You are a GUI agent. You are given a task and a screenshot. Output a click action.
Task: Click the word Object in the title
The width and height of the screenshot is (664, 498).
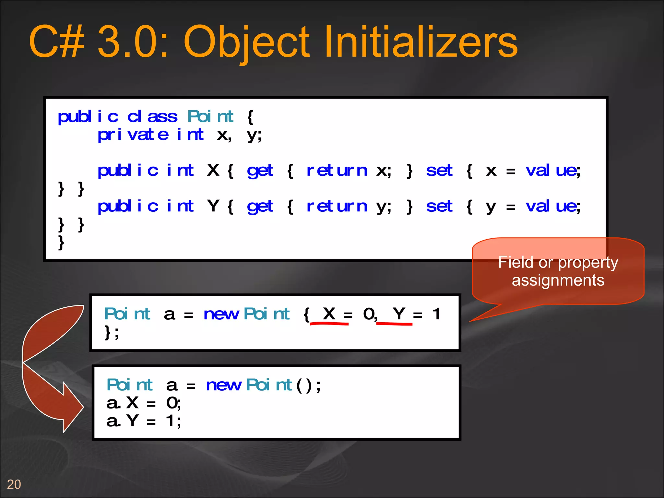point(246,42)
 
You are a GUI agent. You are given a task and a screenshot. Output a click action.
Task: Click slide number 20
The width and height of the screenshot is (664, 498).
point(14,484)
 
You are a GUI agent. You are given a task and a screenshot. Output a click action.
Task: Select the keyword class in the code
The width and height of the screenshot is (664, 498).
point(152,117)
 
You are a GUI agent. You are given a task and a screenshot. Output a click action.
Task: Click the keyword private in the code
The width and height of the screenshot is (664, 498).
point(133,135)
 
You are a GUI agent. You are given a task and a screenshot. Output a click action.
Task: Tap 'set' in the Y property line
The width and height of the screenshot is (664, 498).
point(439,206)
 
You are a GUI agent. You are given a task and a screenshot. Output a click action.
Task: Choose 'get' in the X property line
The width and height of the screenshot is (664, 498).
point(260,171)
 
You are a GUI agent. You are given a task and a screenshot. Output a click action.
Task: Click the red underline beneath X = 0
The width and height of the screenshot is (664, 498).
point(329,324)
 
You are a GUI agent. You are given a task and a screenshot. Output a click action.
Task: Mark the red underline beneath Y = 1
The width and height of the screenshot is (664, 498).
point(394,324)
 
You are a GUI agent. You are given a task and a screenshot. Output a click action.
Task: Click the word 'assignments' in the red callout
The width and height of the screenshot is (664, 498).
point(558,280)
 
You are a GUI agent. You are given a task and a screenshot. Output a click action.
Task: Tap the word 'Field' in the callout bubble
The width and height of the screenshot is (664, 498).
point(516,262)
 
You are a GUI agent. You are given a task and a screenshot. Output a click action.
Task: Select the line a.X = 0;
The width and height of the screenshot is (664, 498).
point(144,403)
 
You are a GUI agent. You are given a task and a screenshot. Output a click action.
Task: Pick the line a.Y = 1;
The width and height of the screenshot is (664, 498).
point(144,421)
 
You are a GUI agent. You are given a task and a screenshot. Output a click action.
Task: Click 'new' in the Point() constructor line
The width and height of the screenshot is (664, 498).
point(224,385)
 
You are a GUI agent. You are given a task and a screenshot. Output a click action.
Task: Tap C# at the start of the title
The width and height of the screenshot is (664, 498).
point(57,42)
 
